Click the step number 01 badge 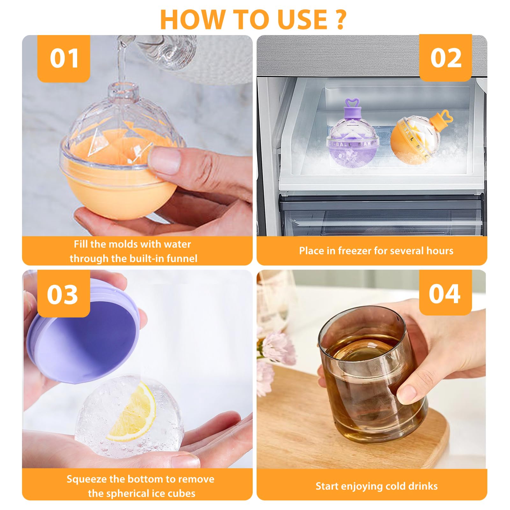64,58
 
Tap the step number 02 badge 445,58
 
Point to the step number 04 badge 445,293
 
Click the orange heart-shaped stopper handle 446,116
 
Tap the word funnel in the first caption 182,258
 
